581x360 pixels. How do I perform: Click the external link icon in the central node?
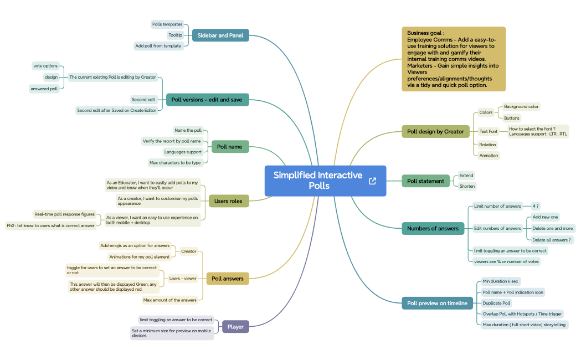coord(372,181)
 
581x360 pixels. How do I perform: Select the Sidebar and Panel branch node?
coord(220,35)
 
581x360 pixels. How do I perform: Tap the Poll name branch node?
coord(230,147)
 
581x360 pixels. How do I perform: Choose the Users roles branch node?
coord(228,201)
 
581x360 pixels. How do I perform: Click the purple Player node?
coord(235,327)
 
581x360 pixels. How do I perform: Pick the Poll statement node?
coord(425,181)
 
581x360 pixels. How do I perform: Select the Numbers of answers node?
coord(433,228)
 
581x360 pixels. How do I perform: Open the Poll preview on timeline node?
coord(437,303)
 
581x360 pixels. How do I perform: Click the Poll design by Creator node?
coord(435,131)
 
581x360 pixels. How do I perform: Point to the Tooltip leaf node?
coord(175,35)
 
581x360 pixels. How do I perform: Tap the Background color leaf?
coord(521,106)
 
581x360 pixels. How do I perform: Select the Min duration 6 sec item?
coord(501,281)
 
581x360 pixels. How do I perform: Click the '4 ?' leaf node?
coord(536,206)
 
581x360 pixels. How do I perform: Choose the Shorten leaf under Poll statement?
coord(467,186)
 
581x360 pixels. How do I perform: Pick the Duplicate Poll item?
coord(496,303)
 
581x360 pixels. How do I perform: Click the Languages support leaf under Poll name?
coord(183,152)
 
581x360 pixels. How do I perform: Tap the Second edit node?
coord(143,100)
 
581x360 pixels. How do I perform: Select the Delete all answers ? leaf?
coord(552,240)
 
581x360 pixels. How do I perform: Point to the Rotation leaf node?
coord(487,145)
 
